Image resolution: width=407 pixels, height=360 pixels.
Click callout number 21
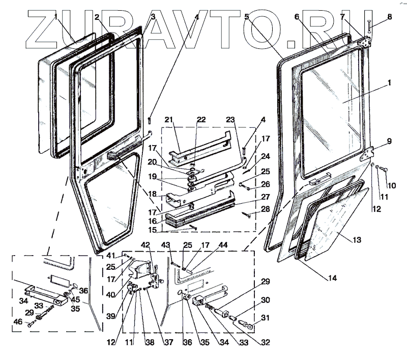pos(169,120)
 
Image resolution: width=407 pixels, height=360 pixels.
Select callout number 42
pos(146,245)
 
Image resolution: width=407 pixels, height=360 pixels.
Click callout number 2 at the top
pos(97,17)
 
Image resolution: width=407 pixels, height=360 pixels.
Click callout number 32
pos(265,342)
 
